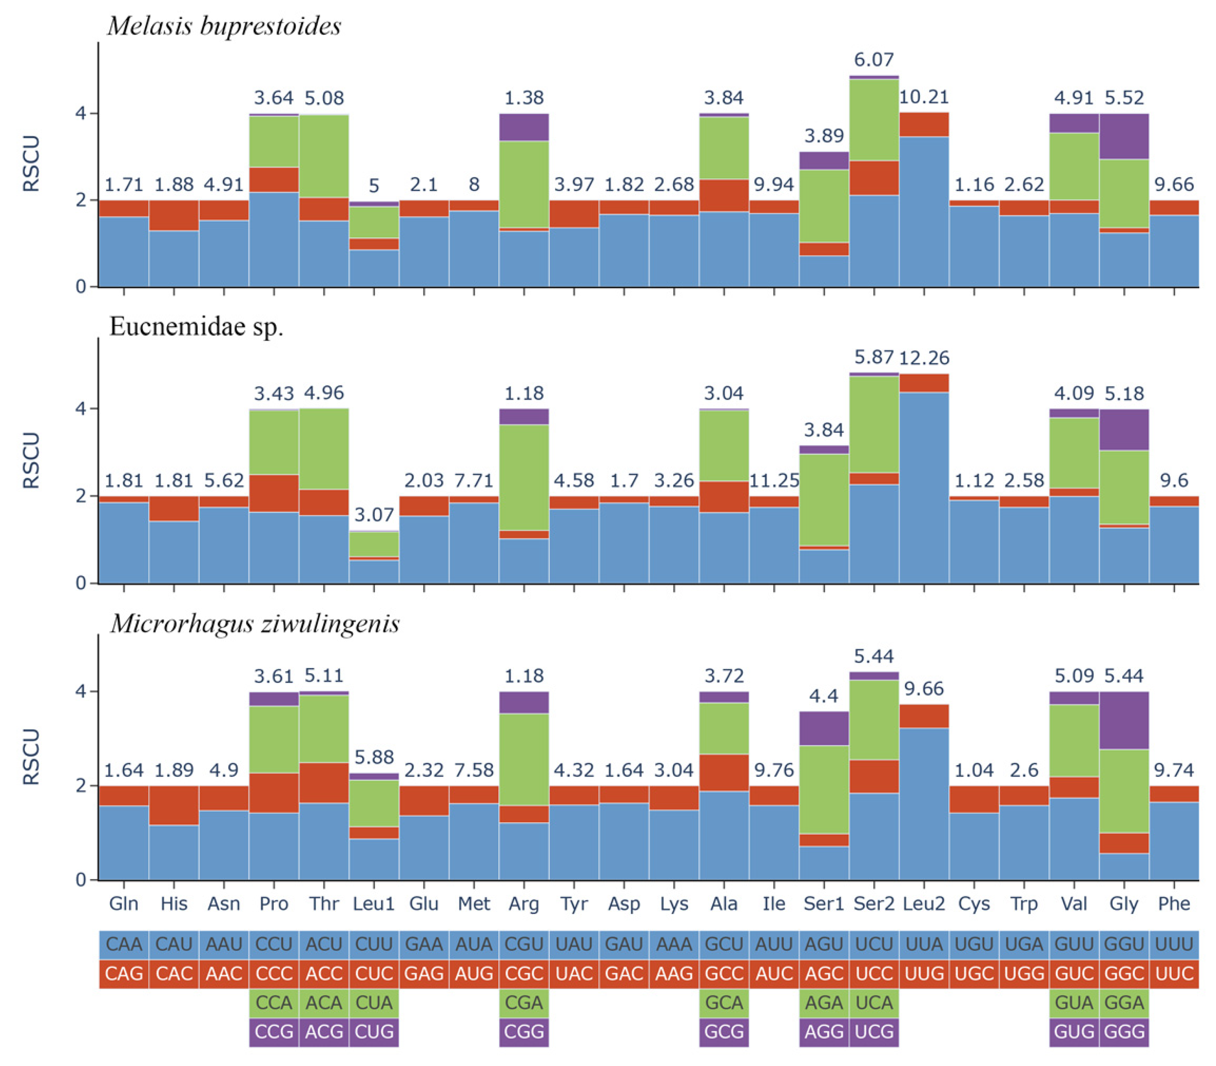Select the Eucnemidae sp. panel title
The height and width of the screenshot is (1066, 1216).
(196, 327)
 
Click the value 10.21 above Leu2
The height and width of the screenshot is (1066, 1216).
(923, 97)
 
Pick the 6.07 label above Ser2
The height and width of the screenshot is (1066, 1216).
(873, 59)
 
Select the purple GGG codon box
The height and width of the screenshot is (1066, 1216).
(1124, 1032)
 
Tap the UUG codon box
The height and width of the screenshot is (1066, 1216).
(923, 974)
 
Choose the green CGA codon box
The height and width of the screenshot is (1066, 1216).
(524, 1003)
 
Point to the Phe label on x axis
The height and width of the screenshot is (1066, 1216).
(1174, 904)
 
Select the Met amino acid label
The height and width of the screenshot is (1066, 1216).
(474, 904)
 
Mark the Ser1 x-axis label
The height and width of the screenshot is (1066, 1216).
(824, 904)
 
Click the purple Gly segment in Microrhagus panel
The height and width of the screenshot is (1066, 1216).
(1124, 721)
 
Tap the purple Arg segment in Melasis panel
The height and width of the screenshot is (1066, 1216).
(524, 127)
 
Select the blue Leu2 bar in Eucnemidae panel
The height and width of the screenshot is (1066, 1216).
(923, 488)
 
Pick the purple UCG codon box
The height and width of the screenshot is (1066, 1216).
(873, 1032)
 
